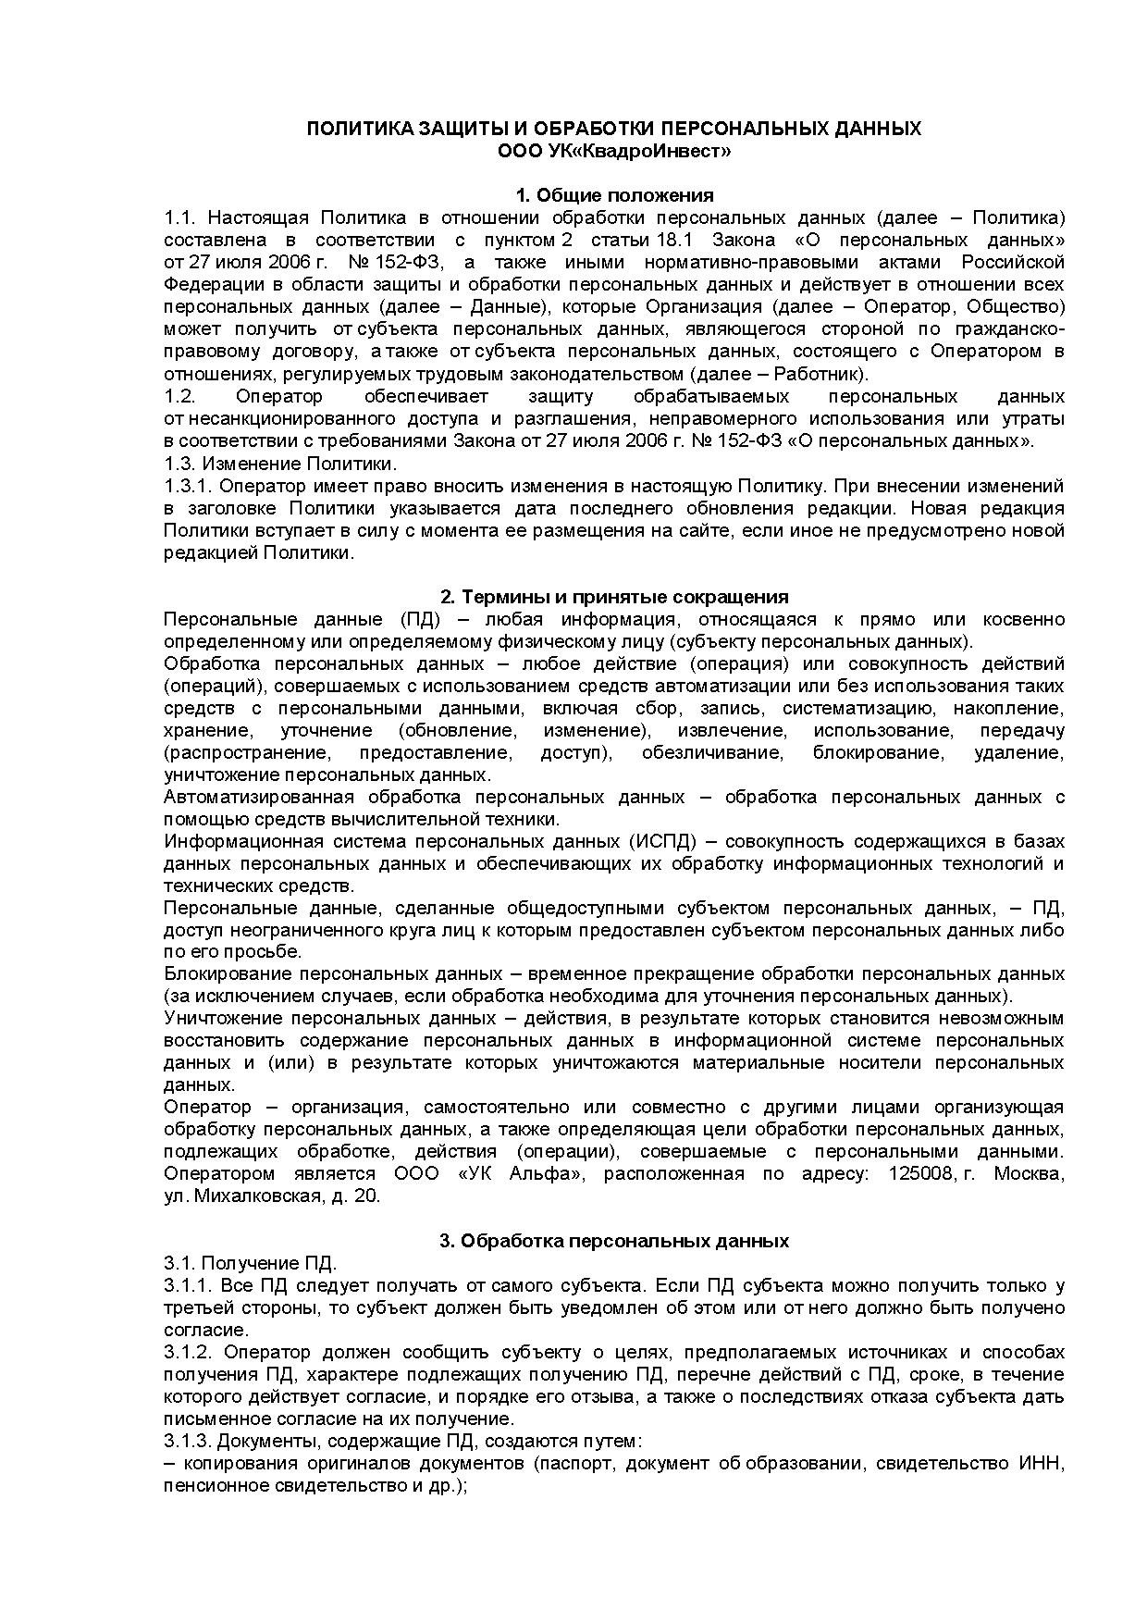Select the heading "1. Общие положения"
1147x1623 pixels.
tap(614, 195)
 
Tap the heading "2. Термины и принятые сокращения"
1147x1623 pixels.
tap(614, 597)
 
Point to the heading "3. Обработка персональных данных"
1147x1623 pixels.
tap(614, 1241)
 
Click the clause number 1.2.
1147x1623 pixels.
tap(179, 396)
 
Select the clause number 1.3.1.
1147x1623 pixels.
tap(188, 486)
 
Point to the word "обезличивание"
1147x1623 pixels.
tap(712, 752)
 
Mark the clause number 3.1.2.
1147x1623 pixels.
tap(188, 1352)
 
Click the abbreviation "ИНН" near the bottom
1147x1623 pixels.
tap(1042, 1464)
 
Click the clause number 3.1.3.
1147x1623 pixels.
tap(188, 1442)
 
